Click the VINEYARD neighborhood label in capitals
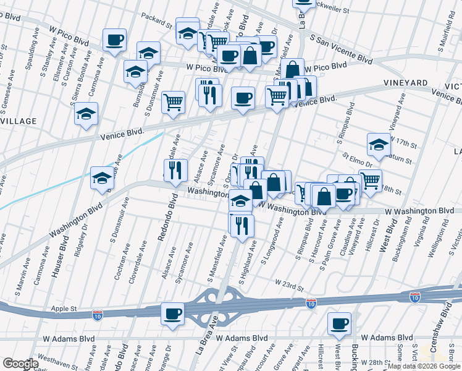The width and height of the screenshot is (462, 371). pyautogui.click(x=405, y=83)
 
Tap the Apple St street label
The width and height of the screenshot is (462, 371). pyautogui.click(x=64, y=307)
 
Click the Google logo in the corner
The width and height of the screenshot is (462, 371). pyautogui.click(x=20, y=363)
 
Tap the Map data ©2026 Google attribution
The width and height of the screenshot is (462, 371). pyautogui.click(x=424, y=367)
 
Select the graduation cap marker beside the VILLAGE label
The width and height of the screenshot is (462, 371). pyautogui.click(x=86, y=114)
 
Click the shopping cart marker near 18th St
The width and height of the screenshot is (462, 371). pyautogui.click(x=370, y=181)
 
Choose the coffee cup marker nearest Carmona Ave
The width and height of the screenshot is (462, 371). pyautogui.click(x=115, y=40)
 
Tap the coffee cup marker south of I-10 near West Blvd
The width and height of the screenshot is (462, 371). pyautogui.click(x=339, y=323)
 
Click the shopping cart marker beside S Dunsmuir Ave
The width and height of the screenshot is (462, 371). pyautogui.click(x=174, y=101)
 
